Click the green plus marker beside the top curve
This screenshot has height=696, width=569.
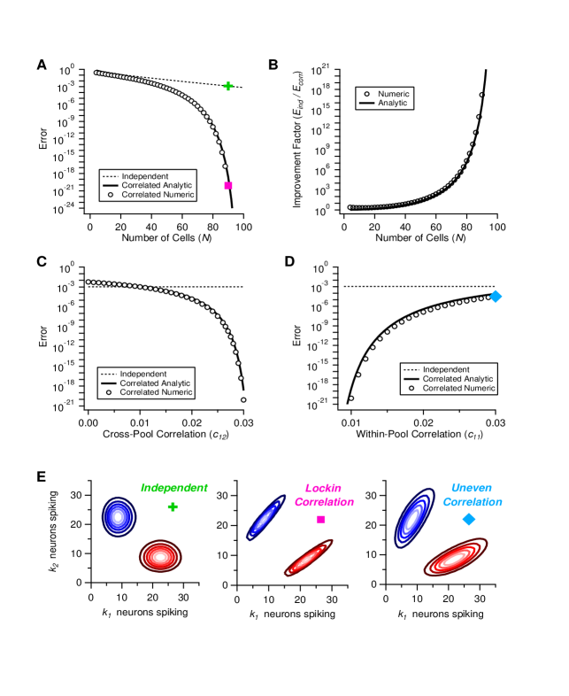coord(228,87)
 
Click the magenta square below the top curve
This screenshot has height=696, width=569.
coord(228,185)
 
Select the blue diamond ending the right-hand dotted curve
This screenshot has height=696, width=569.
coord(496,296)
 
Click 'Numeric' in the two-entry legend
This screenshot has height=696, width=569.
coord(393,94)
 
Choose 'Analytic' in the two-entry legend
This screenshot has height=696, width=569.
coord(393,104)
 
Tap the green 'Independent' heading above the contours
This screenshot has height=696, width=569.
coord(174,488)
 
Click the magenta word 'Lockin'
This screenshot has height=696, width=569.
coord(323,488)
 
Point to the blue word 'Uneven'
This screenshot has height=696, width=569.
coord(472,488)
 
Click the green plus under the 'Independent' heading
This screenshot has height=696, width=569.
coord(173,507)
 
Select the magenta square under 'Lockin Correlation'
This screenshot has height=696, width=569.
coord(321,519)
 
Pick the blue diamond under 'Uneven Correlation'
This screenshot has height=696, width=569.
coord(469,519)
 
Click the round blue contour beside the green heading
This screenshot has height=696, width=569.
coord(118,516)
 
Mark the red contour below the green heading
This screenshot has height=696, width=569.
coord(160,556)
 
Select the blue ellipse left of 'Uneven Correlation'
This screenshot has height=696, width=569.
coord(414,517)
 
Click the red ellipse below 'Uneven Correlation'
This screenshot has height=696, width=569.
coord(456,558)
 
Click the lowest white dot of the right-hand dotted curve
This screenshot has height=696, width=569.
coord(351,398)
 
